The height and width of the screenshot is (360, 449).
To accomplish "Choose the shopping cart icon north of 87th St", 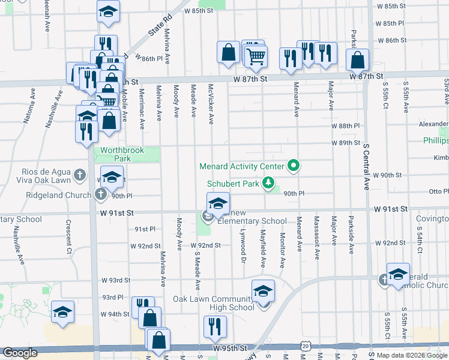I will (256, 57).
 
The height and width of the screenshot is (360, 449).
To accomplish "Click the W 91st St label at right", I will (390, 209).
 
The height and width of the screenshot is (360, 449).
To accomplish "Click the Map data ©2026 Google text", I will (412, 355).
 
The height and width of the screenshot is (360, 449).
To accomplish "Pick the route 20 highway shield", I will (306, 346).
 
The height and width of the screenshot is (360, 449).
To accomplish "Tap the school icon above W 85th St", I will (108, 11).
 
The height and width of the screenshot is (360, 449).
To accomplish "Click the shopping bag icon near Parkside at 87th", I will (357, 61).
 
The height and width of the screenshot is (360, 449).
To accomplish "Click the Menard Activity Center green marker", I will (294, 164).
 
